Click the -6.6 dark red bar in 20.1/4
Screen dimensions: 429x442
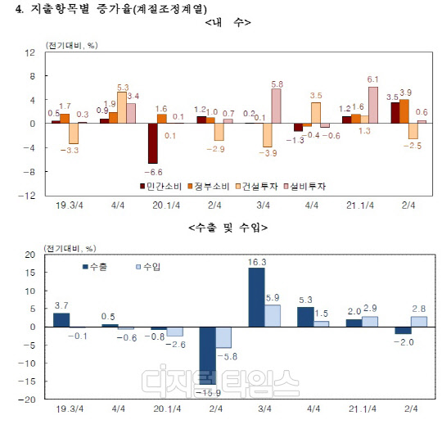[x=153, y=143]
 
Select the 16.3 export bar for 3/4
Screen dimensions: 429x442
[x=255, y=297]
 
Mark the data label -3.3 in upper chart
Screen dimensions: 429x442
[x=73, y=151]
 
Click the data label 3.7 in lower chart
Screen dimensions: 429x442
[x=61, y=305]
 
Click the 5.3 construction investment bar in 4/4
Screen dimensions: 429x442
[x=122, y=107]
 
